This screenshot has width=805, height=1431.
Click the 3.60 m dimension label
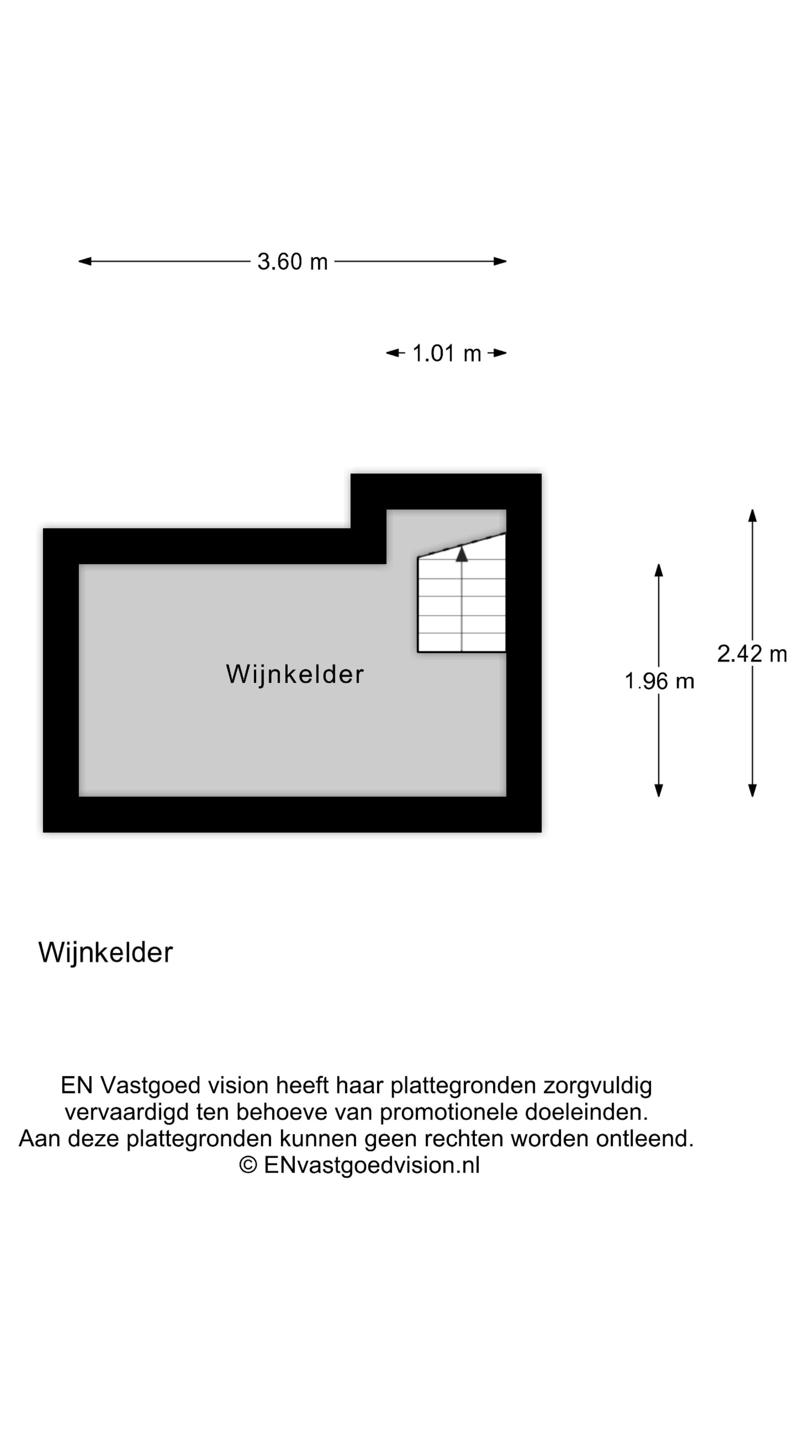[x=292, y=262]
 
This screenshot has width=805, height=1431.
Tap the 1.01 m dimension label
[x=447, y=353]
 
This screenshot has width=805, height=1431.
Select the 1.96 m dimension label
[x=659, y=681]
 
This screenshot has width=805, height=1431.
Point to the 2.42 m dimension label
[x=752, y=654]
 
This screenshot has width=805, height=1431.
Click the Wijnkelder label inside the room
[x=294, y=675]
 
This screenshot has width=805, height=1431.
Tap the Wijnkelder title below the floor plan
[x=105, y=953]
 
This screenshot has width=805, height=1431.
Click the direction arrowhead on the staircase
[x=462, y=554]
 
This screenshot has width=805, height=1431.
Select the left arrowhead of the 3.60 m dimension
[x=85, y=261]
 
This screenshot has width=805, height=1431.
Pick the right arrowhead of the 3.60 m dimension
[x=500, y=261]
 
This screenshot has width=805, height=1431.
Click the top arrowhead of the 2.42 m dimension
[x=752, y=516]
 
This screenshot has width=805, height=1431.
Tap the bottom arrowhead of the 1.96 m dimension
[x=659, y=790]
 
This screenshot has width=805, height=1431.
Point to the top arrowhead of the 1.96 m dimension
[x=659, y=571]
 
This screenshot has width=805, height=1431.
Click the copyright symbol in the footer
[x=248, y=1165]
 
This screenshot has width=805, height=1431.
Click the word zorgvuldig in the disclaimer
[x=598, y=1086]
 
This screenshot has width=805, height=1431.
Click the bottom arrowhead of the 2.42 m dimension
[x=752, y=790]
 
